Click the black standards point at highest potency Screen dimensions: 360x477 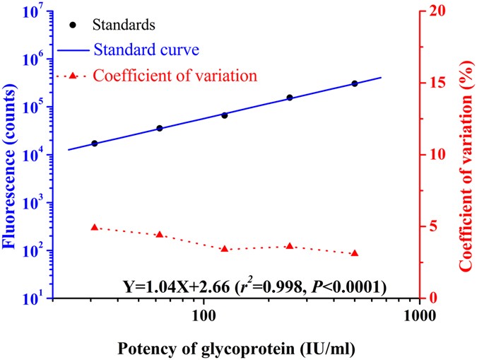point(355,83)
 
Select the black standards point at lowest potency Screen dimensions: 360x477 point(95,144)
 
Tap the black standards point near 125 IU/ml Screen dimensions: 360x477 point(225,115)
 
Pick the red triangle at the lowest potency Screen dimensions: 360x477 point(95,227)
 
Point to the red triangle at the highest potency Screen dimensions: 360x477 point(355,253)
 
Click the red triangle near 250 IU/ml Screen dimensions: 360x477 point(290,246)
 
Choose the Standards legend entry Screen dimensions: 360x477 point(124,25)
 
